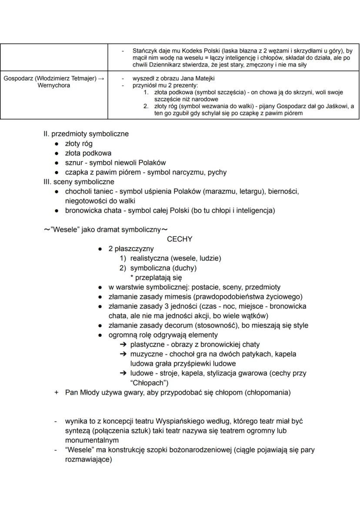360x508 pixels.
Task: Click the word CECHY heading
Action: [179, 239]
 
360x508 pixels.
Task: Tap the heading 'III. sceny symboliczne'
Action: [79, 182]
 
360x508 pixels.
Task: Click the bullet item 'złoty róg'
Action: [79, 143]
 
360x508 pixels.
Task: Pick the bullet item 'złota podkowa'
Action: [88, 153]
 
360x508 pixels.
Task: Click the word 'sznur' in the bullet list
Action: [74, 163]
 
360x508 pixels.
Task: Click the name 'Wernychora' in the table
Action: [54, 86]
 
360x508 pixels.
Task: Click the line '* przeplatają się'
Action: [156, 277]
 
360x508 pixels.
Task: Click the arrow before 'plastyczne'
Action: [123, 345]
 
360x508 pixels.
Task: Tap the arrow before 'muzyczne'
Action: [123, 354]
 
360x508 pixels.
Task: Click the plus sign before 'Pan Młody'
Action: [56, 392]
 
